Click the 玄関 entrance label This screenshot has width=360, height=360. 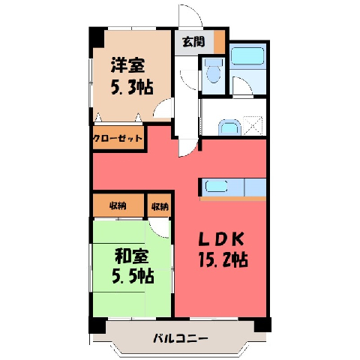click(x=193, y=42)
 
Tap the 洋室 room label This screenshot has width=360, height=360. click(x=127, y=65)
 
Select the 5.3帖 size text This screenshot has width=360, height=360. click(x=132, y=87)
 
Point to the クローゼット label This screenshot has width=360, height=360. click(x=118, y=138)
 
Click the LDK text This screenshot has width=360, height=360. click(x=221, y=239)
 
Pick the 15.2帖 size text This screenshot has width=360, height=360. click(x=223, y=259)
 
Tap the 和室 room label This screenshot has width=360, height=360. click(x=132, y=256)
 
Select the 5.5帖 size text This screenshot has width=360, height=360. click(x=133, y=276)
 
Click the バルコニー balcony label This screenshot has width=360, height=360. click(x=181, y=339)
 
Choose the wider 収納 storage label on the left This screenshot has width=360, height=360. click(x=118, y=206)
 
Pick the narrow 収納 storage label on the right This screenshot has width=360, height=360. click(x=160, y=206)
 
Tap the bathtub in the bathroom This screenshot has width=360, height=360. click(x=247, y=55)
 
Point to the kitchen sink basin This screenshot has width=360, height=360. click(x=217, y=187)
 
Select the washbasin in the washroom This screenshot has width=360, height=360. click(x=229, y=127)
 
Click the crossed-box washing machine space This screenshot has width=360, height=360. click(x=253, y=126)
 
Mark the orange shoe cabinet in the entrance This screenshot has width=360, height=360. click(x=219, y=42)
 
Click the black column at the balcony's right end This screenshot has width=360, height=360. click(x=262, y=325)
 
